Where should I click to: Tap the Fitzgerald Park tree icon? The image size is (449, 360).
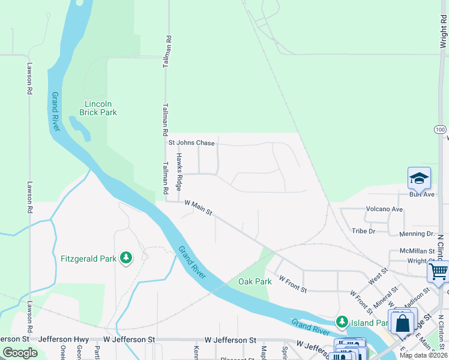126,258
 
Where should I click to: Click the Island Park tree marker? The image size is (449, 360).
342,322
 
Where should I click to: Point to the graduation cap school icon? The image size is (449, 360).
419,178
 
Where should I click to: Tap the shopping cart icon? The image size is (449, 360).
438,271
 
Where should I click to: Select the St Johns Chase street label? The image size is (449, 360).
191,143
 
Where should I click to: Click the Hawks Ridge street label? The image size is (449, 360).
179,172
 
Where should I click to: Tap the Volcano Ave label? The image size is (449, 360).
384,209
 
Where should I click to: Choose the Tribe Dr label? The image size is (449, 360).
363,231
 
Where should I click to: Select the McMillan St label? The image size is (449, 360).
417,251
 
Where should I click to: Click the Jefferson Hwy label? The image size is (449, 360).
63,340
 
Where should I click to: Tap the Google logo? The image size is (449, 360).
20,353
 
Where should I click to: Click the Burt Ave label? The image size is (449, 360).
421,194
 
